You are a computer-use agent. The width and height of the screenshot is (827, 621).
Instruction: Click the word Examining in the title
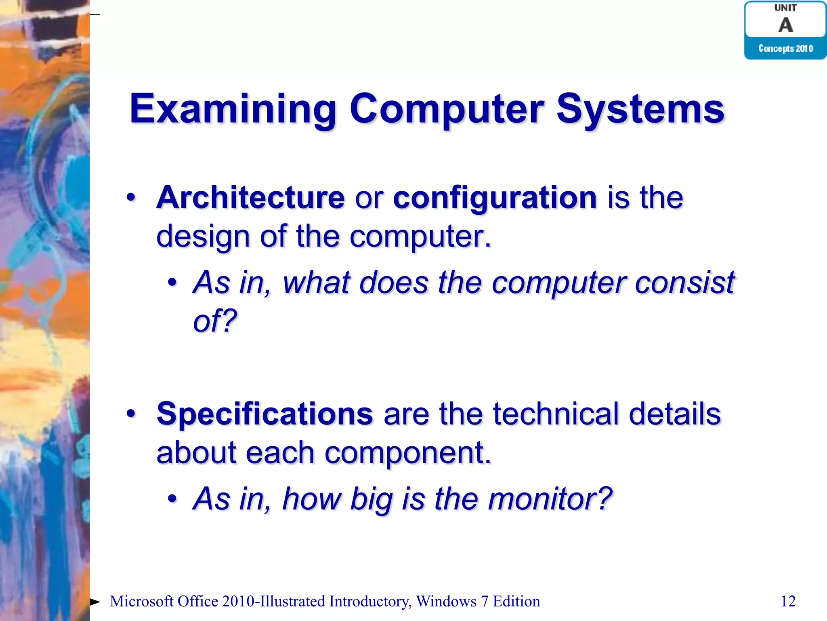[x=232, y=109]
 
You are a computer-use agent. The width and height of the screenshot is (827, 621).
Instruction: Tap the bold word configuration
[x=495, y=198]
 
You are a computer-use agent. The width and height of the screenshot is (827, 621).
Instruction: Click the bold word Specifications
[x=264, y=414]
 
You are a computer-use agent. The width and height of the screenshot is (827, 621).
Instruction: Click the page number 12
[x=788, y=601]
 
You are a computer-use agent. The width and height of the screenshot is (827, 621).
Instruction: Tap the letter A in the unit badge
[x=785, y=25]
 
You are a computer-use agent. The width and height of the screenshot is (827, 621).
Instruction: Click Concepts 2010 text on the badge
[x=785, y=49]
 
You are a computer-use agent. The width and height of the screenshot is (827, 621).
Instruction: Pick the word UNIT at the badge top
[x=785, y=8]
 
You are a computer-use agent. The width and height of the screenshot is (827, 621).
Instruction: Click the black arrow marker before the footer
[x=95, y=602]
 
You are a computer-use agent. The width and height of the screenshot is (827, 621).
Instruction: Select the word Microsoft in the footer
[x=141, y=601]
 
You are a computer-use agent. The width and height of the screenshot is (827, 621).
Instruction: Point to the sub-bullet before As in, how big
[x=172, y=499]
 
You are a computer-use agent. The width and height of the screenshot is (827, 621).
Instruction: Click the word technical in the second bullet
[x=556, y=414]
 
